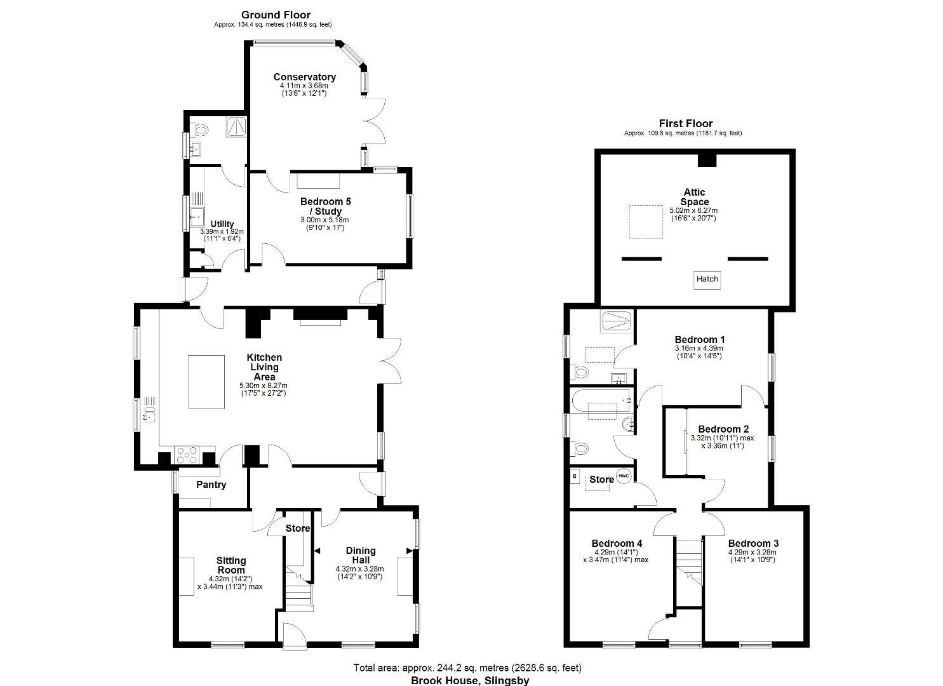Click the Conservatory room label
click(x=304, y=77)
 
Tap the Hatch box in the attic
click(x=707, y=279)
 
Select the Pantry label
click(x=211, y=485)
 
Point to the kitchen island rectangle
click(x=206, y=382)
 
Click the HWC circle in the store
click(x=624, y=476)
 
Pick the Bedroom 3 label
click(x=753, y=543)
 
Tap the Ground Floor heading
click(x=276, y=15)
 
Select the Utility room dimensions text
click(x=222, y=235)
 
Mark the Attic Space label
click(x=694, y=197)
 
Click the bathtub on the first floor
click(x=601, y=401)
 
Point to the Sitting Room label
click(x=231, y=565)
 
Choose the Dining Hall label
click(x=361, y=555)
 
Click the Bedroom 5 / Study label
click(x=324, y=206)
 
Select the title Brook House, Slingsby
click(x=469, y=680)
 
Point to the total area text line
click(x=467, y=668)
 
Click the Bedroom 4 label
click(x=617, y=543)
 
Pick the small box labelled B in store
click(x=575, y=475)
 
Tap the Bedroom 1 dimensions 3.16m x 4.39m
click(x=699, y=348)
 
